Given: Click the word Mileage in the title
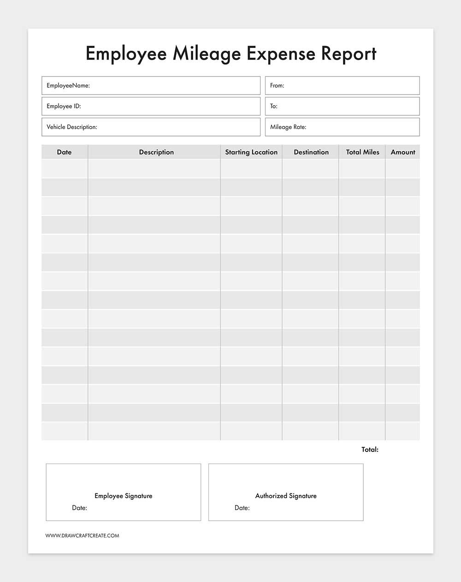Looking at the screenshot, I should (207, 53).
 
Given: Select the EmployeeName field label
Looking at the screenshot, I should (68, 85).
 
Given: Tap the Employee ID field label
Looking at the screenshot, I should (64, 106).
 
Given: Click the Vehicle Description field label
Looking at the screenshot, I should (72, 127).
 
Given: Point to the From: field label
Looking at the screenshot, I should (277, 85).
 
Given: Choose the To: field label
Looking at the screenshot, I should (274, 106).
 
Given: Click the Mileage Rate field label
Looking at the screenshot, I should (288, 127).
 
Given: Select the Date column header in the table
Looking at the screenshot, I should (64, 152).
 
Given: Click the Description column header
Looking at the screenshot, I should (156, 152).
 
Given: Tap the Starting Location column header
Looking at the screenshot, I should (251, 152).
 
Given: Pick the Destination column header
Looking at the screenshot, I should (311, 152).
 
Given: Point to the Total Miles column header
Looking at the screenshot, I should (362, 152).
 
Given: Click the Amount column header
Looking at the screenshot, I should (403, 152).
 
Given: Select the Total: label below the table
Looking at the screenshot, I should (370, 449).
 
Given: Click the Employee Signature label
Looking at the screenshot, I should (124, 496).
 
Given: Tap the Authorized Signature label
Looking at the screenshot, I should (286, 496).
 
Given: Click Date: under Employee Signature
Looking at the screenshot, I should (79, 508).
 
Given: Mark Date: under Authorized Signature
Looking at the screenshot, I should (242, 508).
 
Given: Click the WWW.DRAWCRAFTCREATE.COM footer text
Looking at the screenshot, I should (82, 535).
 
